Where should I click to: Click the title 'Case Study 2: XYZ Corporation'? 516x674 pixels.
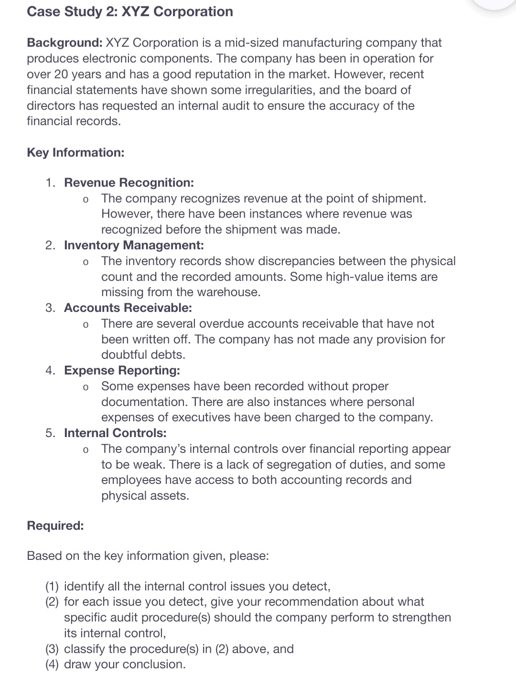[x=130, y=11]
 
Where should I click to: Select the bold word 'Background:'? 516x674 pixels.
[x=64, y=43]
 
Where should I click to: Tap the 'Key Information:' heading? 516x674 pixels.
[x=75, y=152]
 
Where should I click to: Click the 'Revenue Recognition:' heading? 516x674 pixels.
[x=129, y=182]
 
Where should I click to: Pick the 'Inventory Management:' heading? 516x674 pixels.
[x=134, y=245]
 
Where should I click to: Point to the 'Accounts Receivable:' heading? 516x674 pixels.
[x=128, y=308]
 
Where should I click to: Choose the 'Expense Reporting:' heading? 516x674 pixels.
[x=122, y=370]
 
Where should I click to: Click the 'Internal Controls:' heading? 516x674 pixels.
[x=115, y=433]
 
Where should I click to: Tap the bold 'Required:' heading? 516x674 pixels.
[x=55, y=525]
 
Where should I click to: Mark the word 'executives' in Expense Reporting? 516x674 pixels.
[x=201, y=417]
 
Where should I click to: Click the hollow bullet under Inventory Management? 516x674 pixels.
[x=85, y=262]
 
